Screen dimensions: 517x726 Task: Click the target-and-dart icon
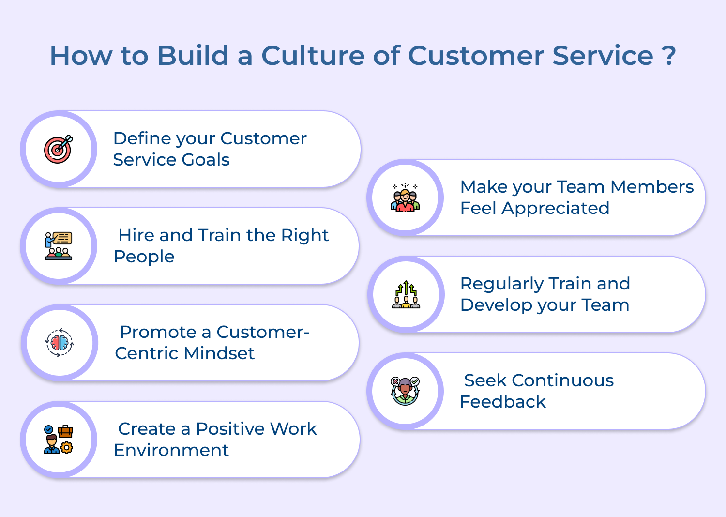pyautogui.click(x=59, y=149)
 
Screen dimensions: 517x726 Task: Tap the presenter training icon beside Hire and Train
pyautogui.click(x=59, y=246)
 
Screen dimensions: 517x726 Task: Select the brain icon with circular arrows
pyautogui.click(x=60, y=343)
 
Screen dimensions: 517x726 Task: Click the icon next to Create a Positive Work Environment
pyautogui.click(x=59, y=440)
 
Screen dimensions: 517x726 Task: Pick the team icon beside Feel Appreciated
pyautogui.click(x=405, y=198)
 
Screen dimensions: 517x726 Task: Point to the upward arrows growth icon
pyautogui.click(x=406, y=294)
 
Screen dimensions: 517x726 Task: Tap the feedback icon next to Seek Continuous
pyautogui.click(x=405, y=391)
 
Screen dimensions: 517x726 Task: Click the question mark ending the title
pyautogui.click(x=669, y=55)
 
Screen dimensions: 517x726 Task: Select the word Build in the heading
pyautogui.click(x=193, y=55)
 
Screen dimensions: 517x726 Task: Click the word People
pyautogui.click(x=144, y=257)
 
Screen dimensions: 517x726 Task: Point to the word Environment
pyautogui.click(x=171, y=450)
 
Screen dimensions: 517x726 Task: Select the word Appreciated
pyautogui.click(x=556, y=208)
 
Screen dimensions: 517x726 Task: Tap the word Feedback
pyautogui.click(x=502, y=402)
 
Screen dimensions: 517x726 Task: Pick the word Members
pyautogui.click(x=652, y=187)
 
